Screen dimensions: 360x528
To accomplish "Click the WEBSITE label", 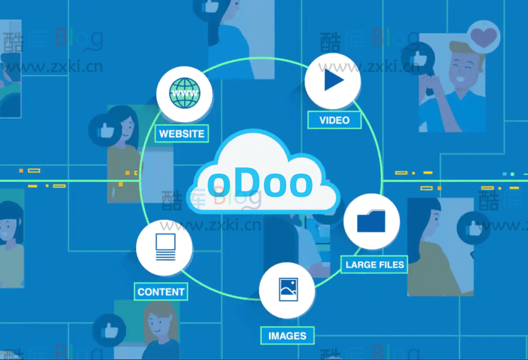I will click(x=182, y=134).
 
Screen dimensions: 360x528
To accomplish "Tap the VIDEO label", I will click(x=334, y=120).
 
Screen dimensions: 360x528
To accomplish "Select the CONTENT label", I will click(x=161, y=292).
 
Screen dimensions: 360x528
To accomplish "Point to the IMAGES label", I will click(x=287, y=336).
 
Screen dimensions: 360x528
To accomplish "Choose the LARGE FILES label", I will click(x=375, y=264).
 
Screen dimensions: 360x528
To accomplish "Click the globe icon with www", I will click(x=185, y=94).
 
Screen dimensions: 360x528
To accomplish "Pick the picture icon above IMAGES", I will click(x=288, y=290).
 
